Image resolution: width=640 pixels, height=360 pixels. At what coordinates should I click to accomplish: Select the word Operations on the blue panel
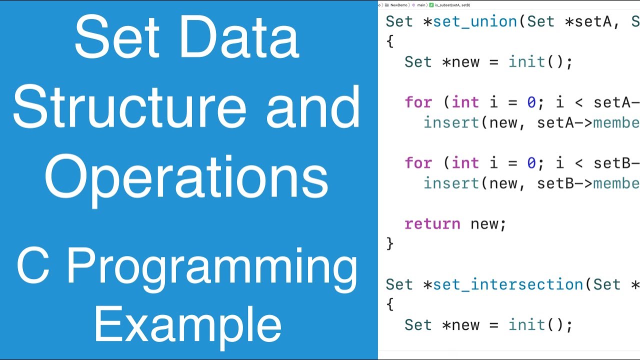tap(186, 175)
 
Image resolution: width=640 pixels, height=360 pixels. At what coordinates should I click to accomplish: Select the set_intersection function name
tap(508, 284)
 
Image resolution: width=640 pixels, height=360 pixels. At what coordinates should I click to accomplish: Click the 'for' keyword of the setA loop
tap(418, 102)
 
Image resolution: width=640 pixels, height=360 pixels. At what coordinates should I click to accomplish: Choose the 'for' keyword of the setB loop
tap(418, 163)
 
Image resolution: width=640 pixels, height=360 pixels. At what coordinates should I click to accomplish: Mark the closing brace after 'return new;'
tap(390, 244)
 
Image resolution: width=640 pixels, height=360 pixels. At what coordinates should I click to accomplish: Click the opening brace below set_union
tap(390, 42)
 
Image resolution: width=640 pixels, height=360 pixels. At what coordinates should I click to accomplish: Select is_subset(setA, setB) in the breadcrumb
tap(452, 5)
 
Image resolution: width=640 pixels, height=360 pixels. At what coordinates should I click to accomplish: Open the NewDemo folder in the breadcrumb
tap(398, 5)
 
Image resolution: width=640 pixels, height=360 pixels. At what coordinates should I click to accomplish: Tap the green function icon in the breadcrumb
tap(431, 5)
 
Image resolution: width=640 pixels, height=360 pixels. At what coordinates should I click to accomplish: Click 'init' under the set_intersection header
tap(527, 325)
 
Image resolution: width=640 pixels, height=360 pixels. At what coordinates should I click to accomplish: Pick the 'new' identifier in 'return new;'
tap(484, 223)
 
